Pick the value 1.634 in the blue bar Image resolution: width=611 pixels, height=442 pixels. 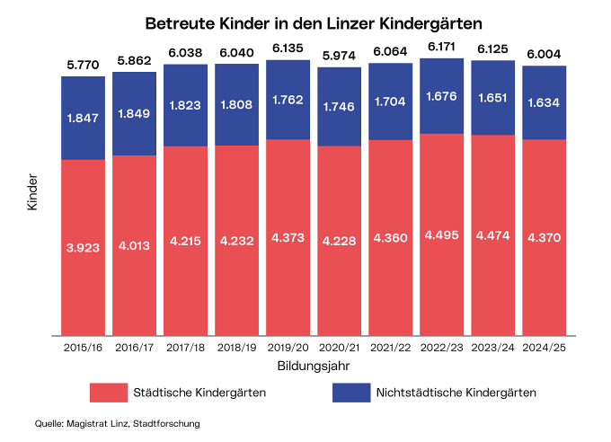pyautogui.click(x=545, y=102)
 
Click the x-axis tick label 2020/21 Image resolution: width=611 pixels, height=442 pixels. pyautogui.click(x=340, y=347)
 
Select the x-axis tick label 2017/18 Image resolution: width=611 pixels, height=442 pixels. pyautogui.click(x=186, y=347)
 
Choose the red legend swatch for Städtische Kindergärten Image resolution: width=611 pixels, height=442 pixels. pyautogui.click(x=106, y=393)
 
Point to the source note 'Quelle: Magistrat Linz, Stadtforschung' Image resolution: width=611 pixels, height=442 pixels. pyautogui.click(x=117, y=422)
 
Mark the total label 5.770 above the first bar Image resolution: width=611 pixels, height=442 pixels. pyautogui.click(x=84, y=65)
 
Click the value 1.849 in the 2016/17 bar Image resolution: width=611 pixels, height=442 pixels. pyautogui.click(x=135, y=113)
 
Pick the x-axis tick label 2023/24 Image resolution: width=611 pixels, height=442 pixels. pyautogui.click(x=493, y=347)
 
